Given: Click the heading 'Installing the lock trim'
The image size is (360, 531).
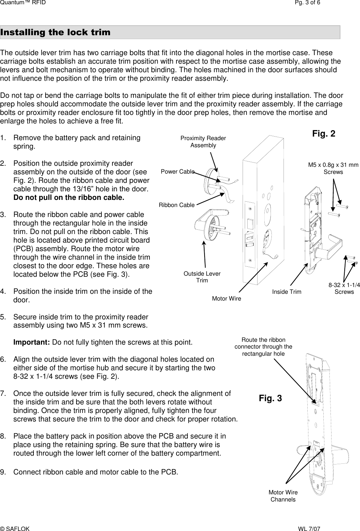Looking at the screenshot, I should click(55, 32).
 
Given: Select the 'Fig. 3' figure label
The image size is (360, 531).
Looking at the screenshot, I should click(270, 398).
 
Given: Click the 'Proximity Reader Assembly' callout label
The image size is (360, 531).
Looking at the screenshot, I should click(203, 142).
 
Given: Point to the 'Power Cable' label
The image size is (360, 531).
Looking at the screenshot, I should click(178, 172).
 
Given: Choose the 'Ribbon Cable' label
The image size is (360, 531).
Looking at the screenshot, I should click(176, 205).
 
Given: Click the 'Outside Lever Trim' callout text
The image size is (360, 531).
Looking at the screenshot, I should click(202, 277).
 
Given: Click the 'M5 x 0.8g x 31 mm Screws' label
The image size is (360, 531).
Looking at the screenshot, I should click(333, 168).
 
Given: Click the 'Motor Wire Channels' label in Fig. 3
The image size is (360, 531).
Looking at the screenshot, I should click(283, 496).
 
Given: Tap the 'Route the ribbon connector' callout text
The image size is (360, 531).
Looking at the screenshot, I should click(263, 347).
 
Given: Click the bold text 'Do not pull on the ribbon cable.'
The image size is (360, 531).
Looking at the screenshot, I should click(69, 198).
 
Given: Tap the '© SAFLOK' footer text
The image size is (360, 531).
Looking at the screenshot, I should click(15, 529).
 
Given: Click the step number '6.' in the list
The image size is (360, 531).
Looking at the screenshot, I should click(4, 359).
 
